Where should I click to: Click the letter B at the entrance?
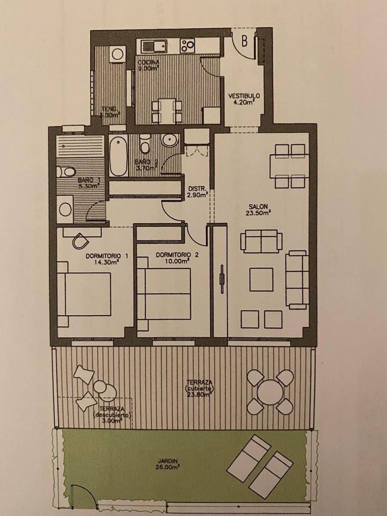point(244,41)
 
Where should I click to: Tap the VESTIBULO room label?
point(244,99)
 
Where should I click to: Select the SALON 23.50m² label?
point(258,210)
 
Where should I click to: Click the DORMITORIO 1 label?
point(107,258)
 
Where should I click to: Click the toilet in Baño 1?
point(67,172)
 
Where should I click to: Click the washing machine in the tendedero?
point(117,54)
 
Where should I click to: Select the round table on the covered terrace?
point(270,391)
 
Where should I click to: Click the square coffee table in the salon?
point(261,279)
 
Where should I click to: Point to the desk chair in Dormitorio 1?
point(80,241)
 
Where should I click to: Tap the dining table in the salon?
point(289,166)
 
